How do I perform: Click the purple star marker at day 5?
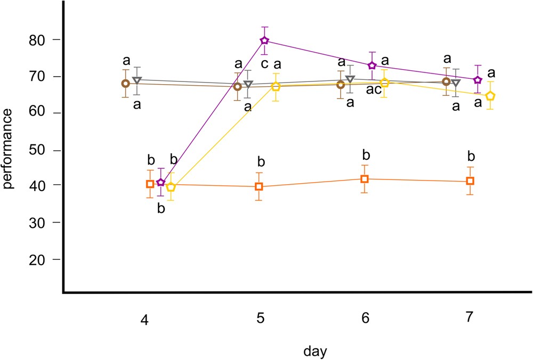click(264, 40)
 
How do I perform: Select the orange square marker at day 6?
click(365, 179)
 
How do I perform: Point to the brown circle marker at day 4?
click(126, 84)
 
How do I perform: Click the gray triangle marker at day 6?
click(350, 80)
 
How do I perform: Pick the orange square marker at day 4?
click(150, 184)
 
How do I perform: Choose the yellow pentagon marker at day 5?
click(276, 87)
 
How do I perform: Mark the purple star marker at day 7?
click(478, 80)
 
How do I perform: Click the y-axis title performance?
click(9, 150)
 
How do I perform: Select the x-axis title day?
click(315, 351)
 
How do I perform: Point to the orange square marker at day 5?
click(259, 186)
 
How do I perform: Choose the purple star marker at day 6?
click(373, 66)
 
